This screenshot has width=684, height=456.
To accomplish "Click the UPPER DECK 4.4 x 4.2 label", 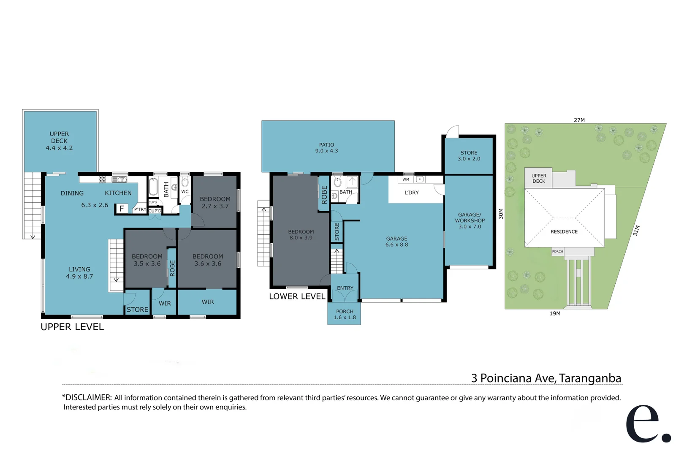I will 59,141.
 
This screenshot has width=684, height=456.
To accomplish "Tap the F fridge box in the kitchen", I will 122,209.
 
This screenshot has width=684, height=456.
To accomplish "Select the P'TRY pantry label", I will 140,209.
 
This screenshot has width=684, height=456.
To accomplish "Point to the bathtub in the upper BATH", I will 153,187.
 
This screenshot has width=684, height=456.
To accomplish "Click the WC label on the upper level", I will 185,192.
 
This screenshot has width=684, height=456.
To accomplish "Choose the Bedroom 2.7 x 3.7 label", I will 215,203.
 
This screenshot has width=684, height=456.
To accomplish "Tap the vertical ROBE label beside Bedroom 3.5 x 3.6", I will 172,268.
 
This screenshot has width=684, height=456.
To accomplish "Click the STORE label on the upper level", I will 137,309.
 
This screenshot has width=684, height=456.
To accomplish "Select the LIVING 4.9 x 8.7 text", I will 79,273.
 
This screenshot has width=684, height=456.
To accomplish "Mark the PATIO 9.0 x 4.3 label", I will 326,148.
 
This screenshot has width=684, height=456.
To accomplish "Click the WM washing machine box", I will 406,179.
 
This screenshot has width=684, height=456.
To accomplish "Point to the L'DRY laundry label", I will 412,193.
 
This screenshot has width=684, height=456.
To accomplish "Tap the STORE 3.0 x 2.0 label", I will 469,156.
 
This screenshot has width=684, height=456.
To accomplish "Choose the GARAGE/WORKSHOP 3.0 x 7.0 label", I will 470,220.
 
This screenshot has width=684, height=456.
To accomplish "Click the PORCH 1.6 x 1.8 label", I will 345,315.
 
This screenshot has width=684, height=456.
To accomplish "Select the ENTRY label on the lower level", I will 345,288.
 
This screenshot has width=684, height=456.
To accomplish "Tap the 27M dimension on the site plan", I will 579,120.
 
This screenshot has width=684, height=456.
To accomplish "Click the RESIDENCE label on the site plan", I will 564,231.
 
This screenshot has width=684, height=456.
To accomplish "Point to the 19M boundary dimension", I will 555,313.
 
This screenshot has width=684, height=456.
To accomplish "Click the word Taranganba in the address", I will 590,378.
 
